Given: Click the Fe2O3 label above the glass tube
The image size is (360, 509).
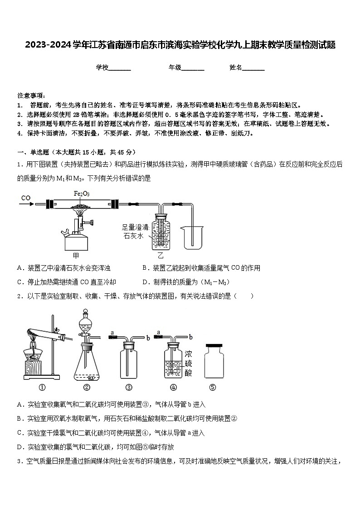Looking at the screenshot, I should pos(82,194).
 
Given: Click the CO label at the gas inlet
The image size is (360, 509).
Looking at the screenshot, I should pos(25,198).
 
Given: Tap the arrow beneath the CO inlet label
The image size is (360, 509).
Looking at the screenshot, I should pos(28,204).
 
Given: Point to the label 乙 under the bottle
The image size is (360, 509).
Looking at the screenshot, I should pos(160,256).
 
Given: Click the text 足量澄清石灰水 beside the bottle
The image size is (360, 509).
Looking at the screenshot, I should pos(135,232).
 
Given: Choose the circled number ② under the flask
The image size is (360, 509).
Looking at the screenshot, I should pos(87,387).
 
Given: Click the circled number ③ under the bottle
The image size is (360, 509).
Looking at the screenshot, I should pos(129,387).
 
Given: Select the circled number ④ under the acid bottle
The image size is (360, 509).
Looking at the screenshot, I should pos(173,387).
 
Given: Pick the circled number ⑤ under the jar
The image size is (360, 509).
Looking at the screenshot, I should pos(213,387).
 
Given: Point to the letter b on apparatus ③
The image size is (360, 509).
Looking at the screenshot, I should pos(148,337).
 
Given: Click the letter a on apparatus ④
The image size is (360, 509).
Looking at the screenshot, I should pos(159,332).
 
